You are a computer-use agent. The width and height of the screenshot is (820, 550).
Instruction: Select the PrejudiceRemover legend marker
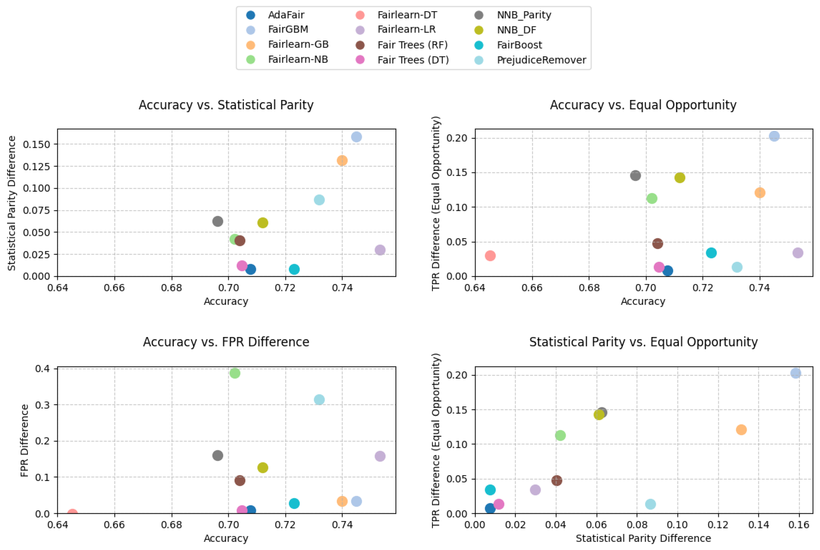479,60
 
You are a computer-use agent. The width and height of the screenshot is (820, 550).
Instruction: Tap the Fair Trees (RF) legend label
413,45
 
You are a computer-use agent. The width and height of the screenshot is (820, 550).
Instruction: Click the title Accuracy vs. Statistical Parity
226,105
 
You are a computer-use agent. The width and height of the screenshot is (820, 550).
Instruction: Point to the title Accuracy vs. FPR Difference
226,342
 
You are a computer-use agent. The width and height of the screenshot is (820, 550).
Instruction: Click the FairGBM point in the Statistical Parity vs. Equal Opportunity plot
795,373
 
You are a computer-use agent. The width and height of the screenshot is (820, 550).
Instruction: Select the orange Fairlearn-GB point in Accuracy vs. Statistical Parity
342,160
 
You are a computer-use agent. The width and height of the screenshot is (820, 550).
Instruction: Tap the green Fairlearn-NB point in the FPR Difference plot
235,373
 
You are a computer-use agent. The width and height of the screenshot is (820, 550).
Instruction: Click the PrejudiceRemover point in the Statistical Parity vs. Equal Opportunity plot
650,504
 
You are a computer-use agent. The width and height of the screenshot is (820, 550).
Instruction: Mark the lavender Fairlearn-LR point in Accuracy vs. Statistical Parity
380,250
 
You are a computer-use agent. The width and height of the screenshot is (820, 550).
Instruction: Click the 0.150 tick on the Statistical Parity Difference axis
36,144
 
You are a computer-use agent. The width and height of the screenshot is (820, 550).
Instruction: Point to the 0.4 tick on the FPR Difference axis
42,368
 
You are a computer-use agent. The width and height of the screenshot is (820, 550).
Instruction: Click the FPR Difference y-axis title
24,441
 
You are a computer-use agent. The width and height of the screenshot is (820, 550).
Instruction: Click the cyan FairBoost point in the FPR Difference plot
294,503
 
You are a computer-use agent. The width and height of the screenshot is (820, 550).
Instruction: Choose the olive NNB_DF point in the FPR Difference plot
263,468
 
